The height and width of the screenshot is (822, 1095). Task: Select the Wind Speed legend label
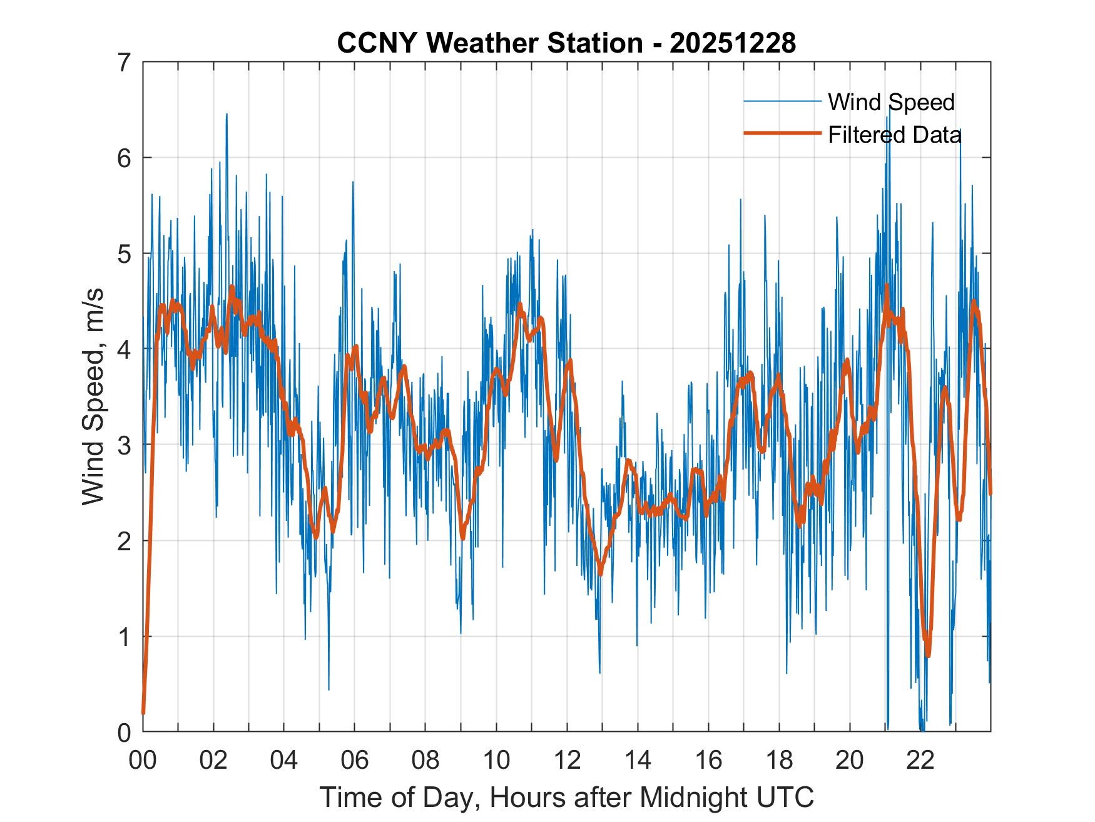point(891,102)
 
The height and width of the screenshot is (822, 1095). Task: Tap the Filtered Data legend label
point(894,135)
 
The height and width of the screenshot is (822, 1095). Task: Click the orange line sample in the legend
point(782,133)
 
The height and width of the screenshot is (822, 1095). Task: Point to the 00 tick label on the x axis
point(143,761)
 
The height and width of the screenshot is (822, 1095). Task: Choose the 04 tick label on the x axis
point(285,761)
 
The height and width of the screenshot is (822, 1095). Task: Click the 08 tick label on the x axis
point(426,761)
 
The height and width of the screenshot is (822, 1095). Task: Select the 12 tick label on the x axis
point(567,761)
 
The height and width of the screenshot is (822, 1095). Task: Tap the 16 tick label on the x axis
point(708,761)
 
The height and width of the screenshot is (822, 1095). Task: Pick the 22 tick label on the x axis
point(920,761)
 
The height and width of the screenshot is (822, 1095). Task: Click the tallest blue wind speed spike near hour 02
point(227,115)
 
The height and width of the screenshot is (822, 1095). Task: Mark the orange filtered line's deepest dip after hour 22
point(928,655)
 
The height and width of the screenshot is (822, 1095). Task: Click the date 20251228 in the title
point(733,43)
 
